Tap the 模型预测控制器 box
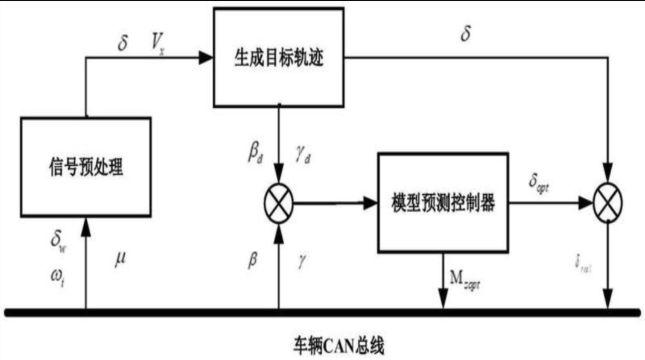442,203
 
